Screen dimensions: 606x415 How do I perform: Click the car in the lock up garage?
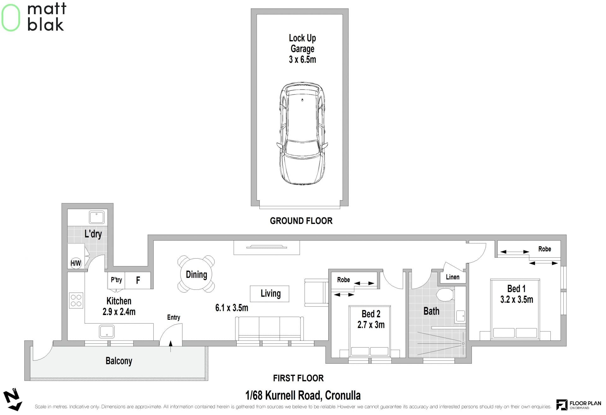point(302,133)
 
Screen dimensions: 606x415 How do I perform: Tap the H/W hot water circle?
point(76,263)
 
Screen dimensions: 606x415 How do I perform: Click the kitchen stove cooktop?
point(76,300)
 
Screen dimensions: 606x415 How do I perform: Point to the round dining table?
point(196,274)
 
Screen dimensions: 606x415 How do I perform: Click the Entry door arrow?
point(171,346)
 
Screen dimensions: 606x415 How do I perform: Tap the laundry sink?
point(97,217)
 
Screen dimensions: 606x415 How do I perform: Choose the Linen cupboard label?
point(453,277)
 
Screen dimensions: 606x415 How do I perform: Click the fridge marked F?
point(138,280)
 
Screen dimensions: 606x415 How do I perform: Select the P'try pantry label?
point(116,280)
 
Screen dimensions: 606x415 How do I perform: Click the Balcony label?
point(119,361)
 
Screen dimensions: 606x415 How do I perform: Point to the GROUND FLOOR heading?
point(301,221)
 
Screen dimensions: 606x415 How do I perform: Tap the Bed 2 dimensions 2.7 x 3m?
point(371,324)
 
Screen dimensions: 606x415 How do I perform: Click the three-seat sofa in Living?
point(270,328)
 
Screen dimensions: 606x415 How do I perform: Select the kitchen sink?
point(107,332)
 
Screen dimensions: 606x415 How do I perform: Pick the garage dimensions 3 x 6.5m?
point(302,60)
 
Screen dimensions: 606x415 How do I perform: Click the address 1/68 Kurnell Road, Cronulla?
point(303,395)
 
